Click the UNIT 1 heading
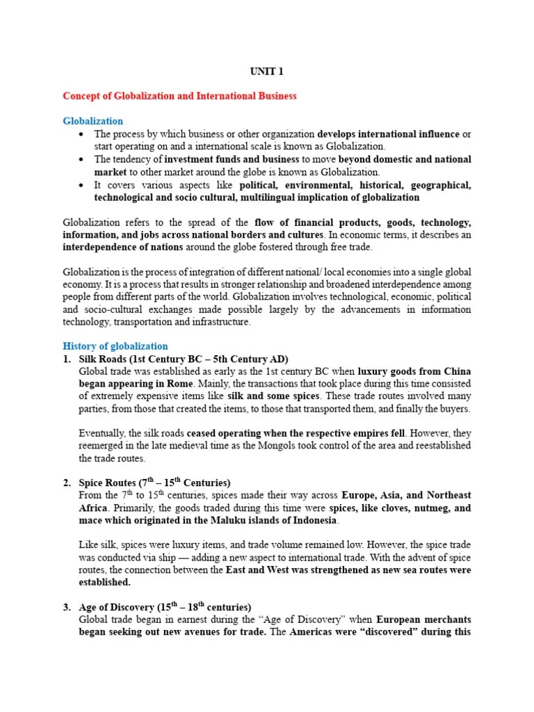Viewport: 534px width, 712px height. tap(266, 71)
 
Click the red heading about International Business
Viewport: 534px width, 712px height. tap(180, 96)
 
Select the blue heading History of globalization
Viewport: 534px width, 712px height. tap(115, 346)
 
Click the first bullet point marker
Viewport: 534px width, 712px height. tap(83, 133)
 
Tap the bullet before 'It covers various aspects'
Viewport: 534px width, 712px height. tap(83, 185)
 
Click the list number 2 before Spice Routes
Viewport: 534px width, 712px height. tap(67, 483)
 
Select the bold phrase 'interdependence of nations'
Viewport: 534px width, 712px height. tap(122, 247)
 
